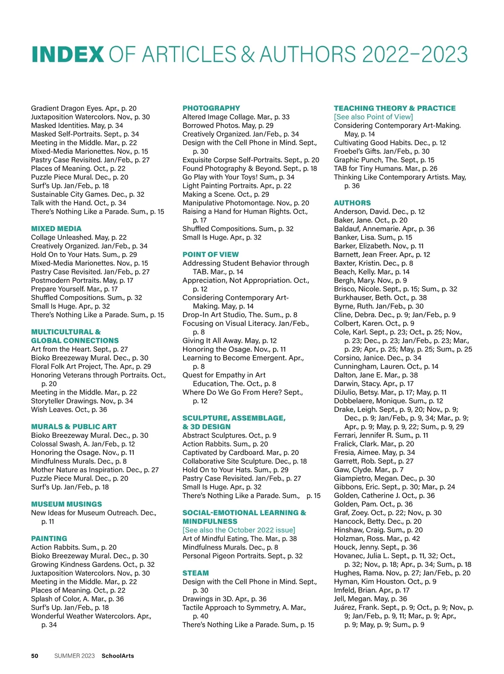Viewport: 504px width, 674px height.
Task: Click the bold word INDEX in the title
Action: (x=68, y=55)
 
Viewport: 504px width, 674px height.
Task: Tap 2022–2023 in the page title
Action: (x=414, y=55)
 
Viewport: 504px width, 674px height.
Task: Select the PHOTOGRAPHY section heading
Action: (x=211, y=108)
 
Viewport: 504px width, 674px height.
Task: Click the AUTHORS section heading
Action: (x=352, y=203)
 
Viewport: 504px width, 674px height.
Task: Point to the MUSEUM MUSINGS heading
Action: (x=66, y=504)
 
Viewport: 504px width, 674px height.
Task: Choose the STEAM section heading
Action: (x=195, y=573)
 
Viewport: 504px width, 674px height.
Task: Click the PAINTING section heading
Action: (x=49, y=538)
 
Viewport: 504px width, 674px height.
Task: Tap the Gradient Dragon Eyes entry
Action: (x=84, y=108)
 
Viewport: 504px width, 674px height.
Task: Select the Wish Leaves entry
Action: (x=69, y=410)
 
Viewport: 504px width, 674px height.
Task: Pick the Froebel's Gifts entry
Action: (x=382, y=151)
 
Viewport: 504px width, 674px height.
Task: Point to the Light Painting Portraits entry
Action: (x=236, y=185)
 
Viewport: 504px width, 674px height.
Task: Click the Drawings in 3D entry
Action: (x=224, y=599)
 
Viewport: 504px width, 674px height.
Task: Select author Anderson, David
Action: (x=379, y=212)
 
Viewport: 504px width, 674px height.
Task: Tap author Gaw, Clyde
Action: (x=368, y=470)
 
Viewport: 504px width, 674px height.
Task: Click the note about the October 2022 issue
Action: (x=239, y=530)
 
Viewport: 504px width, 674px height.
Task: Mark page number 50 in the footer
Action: (x=35, y=656)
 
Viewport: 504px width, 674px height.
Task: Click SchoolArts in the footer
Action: (x=118, y=656)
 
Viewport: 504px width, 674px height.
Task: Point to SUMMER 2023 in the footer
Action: (x=74, y=656)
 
